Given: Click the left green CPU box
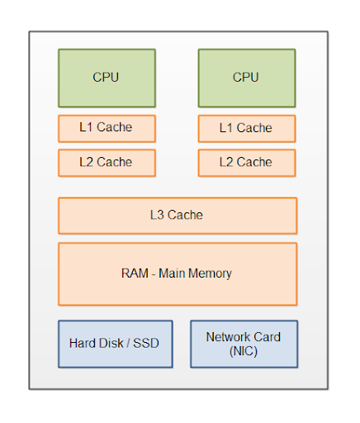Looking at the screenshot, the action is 107,78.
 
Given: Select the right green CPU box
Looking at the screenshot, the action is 247,78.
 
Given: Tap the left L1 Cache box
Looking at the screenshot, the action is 107,129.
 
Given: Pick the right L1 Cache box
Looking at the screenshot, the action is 247,129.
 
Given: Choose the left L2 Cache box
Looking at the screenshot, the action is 107,163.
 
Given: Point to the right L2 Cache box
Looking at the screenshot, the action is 247,163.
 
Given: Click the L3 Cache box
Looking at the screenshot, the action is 178,216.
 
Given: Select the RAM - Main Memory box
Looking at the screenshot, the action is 178,274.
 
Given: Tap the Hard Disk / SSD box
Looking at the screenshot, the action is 116,344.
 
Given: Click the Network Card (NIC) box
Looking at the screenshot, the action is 244,344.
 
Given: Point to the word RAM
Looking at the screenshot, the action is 135,273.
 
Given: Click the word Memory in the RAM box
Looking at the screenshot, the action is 210,274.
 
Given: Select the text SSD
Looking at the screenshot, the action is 146,343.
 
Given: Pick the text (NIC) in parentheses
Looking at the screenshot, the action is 244,351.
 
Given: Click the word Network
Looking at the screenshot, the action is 228,337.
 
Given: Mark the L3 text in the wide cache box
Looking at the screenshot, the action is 157,215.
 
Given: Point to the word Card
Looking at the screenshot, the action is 267,337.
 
